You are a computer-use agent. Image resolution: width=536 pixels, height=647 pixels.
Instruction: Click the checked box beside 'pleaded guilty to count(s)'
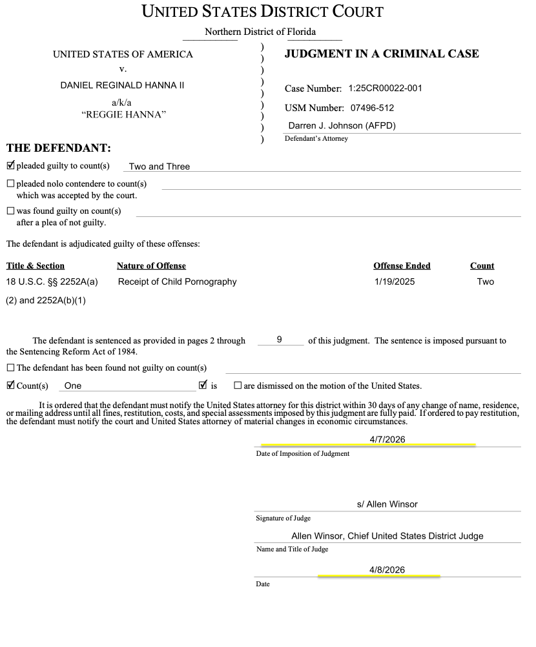pyautogui.click(x=10, y=165)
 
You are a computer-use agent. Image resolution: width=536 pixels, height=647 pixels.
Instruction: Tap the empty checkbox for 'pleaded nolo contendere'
pyautogui.click(x=10, y=184)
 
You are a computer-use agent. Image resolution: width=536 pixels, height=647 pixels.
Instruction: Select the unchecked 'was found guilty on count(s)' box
pyautogui.click(x=10, y=211)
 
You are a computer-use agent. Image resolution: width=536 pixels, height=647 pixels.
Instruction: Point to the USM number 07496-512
pyautogui.click(x=371, y=108)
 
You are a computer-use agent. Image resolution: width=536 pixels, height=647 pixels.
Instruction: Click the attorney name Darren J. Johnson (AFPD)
pyautogui.click(x=342, y=126)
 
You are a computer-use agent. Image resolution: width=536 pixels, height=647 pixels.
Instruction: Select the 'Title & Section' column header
pyautogui.click(x=36, y=266)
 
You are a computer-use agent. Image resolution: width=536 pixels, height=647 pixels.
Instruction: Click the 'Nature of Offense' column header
pyautogui.click(x=151, y=266)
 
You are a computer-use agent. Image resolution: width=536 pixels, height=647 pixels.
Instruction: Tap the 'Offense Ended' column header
pyautogui.click(x=402, y=266)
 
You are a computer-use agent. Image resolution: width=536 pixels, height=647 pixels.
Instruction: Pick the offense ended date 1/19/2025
pyautogui.click(x=395, y=282)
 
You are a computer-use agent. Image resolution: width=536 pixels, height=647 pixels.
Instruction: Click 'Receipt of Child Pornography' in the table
pyautogui.click(x=177, y=282)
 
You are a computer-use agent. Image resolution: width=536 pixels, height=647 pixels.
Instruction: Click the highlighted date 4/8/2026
pyautogui.click(x=387, y=570)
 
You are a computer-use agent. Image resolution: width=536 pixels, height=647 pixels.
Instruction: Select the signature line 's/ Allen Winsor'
pyautogui.click(x=387, y=504)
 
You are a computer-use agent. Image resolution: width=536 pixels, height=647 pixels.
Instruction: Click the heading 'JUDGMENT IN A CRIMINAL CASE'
pyautogui.click(x=382, y=54)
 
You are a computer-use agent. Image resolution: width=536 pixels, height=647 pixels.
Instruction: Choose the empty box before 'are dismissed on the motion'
pyautogui.click(x=238, y=386)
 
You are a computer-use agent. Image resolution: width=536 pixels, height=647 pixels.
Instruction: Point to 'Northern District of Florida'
pyautogui.click(x=260, y=32)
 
